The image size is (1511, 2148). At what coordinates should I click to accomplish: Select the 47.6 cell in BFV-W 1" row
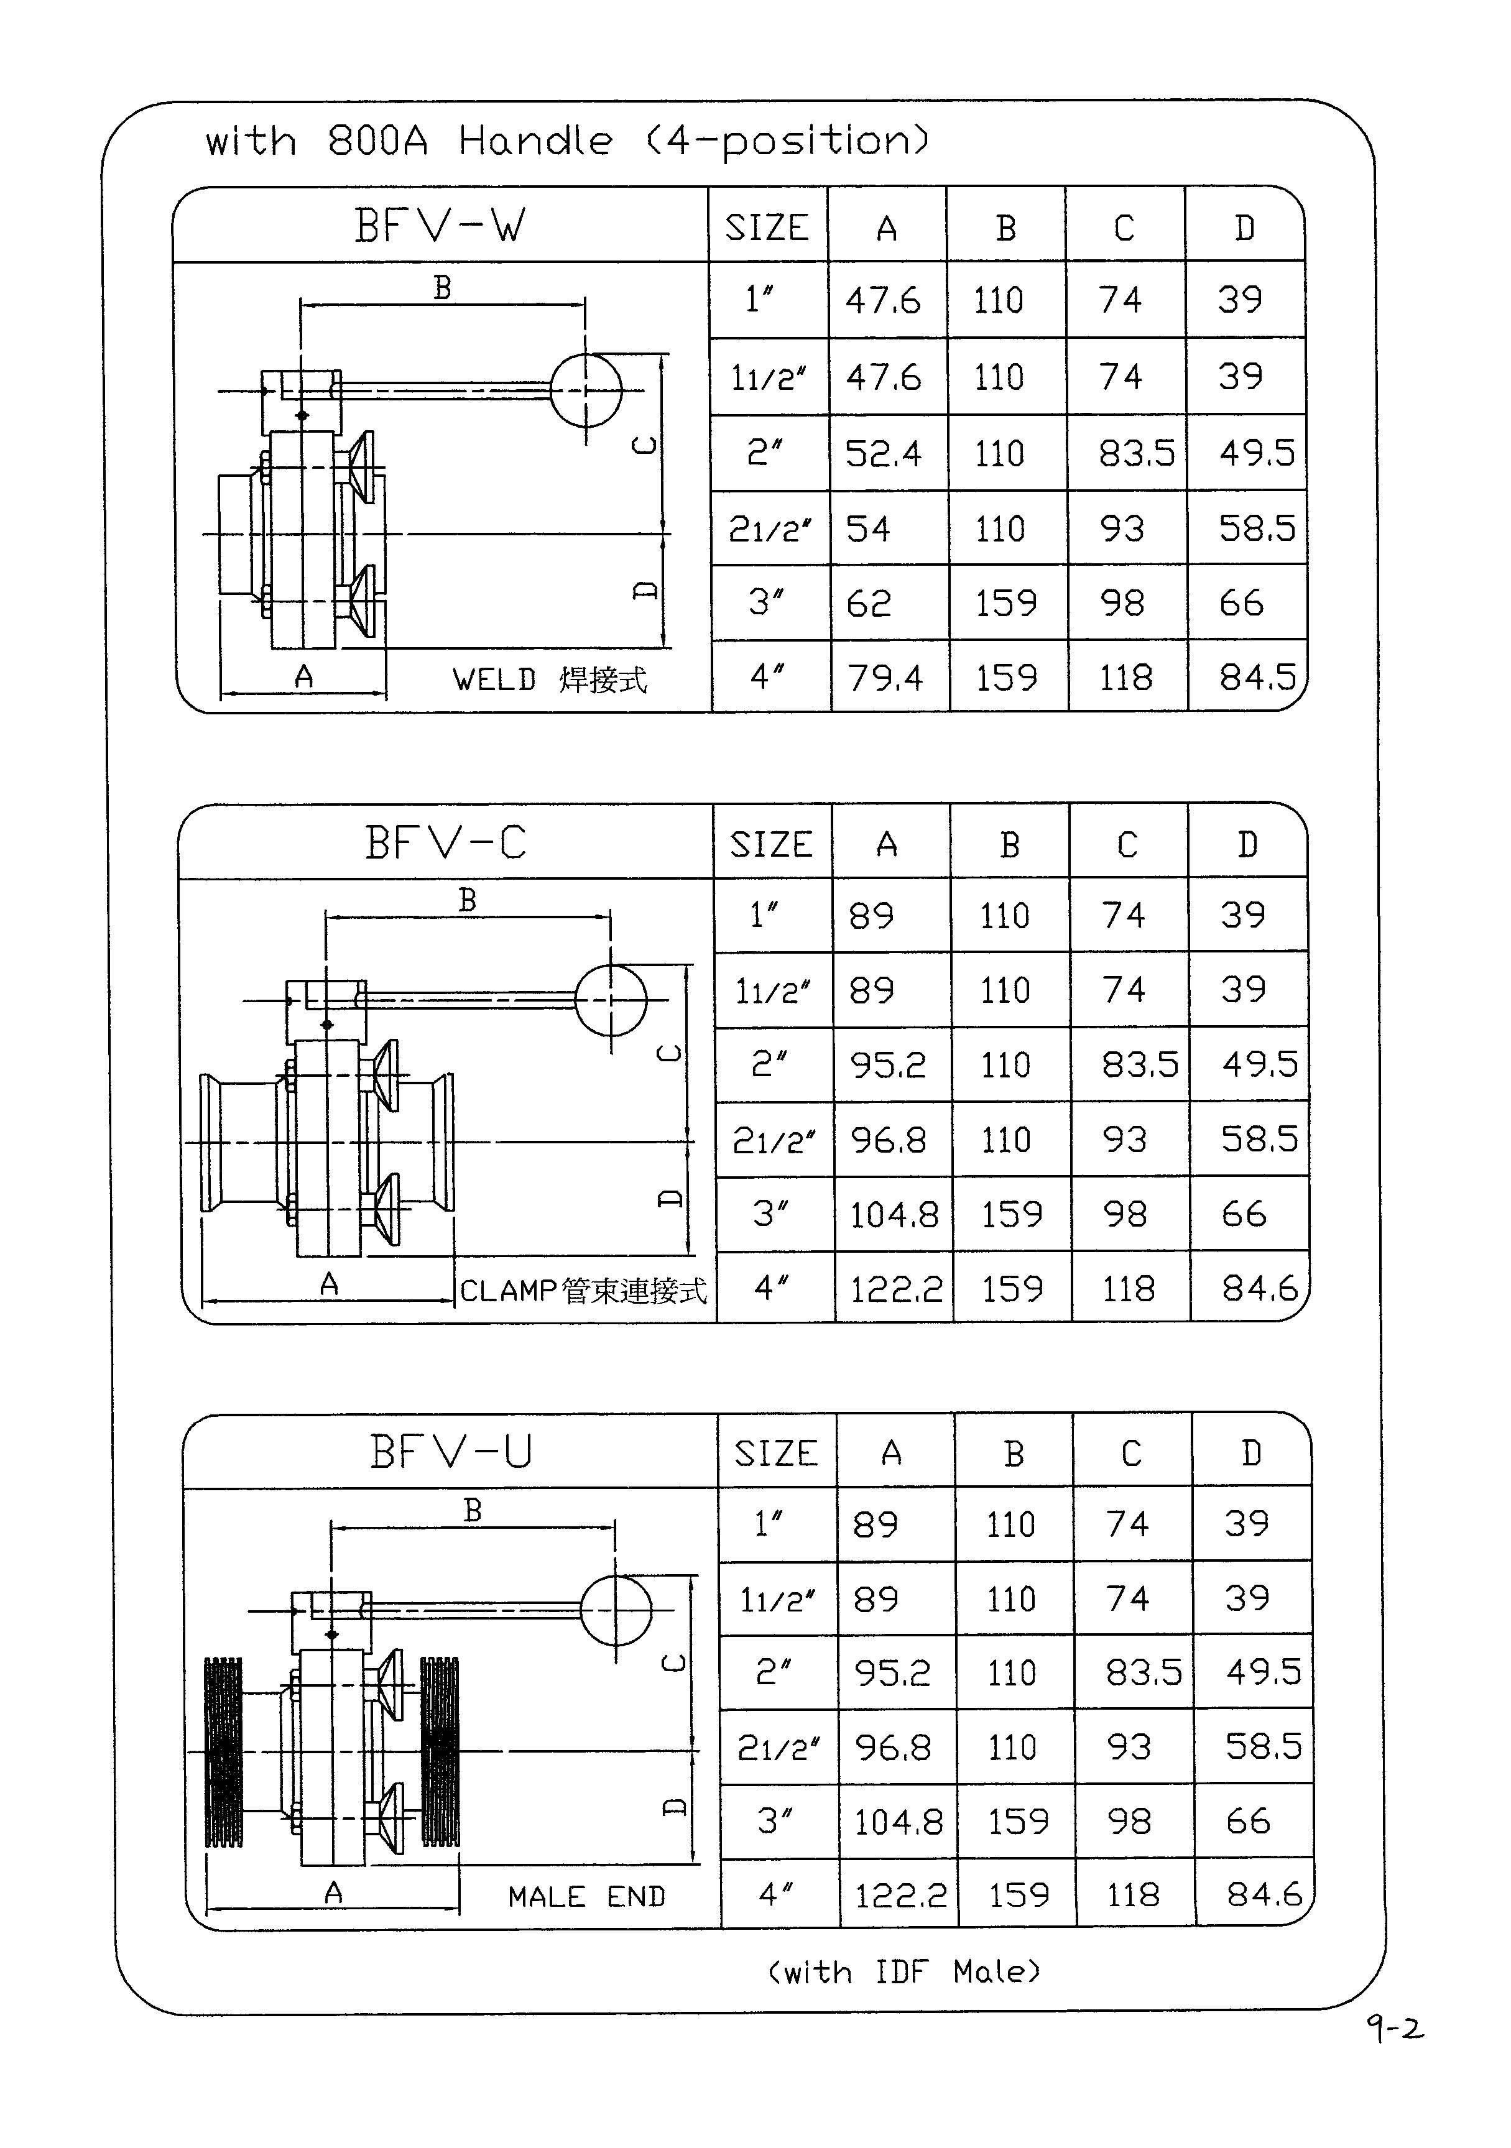pos(883,300)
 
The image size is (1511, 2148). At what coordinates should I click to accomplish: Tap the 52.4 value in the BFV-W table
pos(883,454)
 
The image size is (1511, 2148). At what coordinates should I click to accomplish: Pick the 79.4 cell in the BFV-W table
pos(885,677)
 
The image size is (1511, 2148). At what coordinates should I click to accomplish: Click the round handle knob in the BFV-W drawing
pos(586,390)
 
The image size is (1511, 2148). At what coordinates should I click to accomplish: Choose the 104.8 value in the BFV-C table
pos(894,1214)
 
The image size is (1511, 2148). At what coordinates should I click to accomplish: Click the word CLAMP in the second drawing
pos(509,1291)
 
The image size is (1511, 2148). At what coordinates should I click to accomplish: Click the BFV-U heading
pos(451,1452)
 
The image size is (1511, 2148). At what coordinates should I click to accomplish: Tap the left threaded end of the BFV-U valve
pos(224,1751)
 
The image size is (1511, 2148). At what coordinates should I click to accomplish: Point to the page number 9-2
pos(1394,2029)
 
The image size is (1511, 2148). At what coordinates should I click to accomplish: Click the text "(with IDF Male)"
pos(903,1971)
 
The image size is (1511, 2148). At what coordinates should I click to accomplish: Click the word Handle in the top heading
pos(535,141)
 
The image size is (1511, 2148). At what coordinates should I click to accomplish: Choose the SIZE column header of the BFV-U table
pos(775,1454)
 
